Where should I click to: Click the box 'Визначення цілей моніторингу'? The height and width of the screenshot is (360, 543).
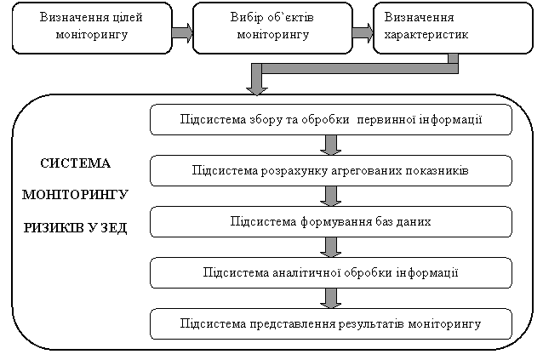point(92,28)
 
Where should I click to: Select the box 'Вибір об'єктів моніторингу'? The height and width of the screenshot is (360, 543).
point(272,28)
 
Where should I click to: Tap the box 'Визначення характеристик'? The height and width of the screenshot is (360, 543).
point(453,28)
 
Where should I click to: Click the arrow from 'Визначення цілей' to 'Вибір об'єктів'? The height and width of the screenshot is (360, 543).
point(182,32)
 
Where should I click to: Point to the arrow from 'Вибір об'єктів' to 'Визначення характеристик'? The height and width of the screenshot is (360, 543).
point(363,32)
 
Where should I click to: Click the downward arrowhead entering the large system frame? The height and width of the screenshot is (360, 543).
point(257,89)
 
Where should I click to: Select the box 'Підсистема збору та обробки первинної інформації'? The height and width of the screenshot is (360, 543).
point(331,119)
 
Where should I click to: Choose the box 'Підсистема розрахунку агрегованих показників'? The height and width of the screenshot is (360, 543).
point(331,171)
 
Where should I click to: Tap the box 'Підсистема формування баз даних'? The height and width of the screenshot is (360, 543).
point(331,221)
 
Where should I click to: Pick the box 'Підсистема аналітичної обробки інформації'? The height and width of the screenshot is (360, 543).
point(331,273)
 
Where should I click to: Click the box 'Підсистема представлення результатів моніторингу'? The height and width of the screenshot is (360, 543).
point(331,323)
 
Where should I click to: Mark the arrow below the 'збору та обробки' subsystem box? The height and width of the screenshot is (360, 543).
point(331,145)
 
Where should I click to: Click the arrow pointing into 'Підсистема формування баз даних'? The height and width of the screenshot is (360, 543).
point(331,197)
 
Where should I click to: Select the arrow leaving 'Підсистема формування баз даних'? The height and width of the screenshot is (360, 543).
point(331,247)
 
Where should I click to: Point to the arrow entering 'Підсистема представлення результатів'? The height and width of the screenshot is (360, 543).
point(331,299)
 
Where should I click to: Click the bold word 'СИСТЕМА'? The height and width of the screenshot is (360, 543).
point(75,163)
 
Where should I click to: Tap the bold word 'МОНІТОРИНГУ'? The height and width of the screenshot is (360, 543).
point(75,195)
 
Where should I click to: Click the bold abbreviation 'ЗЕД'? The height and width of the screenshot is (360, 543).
point(114,228)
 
